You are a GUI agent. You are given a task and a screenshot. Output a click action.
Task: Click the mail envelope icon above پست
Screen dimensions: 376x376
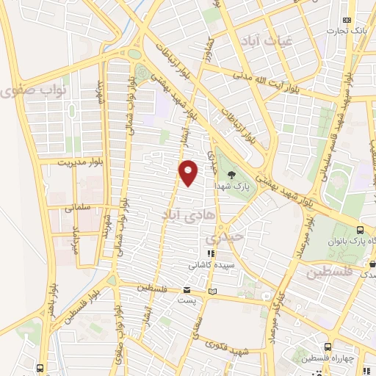pos(187,290)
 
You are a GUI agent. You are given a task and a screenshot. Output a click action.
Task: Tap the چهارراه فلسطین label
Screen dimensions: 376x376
pos(347,358)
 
